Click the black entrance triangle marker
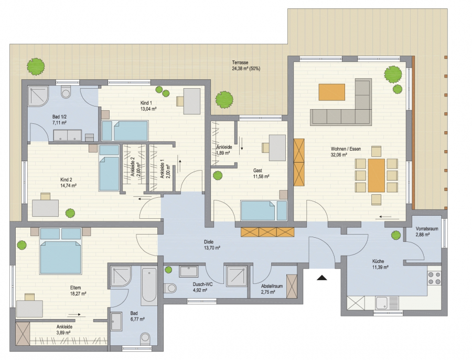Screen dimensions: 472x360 click(x=322, y=278)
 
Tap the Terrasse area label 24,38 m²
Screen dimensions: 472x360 click(x=246, y=68)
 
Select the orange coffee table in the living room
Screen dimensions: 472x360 click(x=332, y=92)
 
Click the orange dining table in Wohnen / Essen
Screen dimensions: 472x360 click(x=376, y=175)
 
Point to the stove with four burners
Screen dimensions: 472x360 click(x=434, y=278)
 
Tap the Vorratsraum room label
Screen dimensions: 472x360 click(x=427, y=229)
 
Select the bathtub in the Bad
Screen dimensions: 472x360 click(x=149, y=284)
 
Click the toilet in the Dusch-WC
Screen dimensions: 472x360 click(x=170, y=288)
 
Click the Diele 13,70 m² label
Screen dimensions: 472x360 click(x=212, y=245)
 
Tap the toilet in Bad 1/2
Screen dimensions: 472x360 click(x=66, y=92)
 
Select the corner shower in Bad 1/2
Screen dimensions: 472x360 click(x=38, y=96)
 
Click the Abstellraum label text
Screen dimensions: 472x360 click(x=272, y=286)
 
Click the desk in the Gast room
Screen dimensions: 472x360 click(x=277, y=147)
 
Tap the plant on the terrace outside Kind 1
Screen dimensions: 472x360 click(x=224, y=100)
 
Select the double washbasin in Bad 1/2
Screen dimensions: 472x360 click(x=68, y=135)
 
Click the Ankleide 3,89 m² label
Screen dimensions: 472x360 click(x=64, y=330)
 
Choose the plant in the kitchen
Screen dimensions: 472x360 click(x=396, y=235)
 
